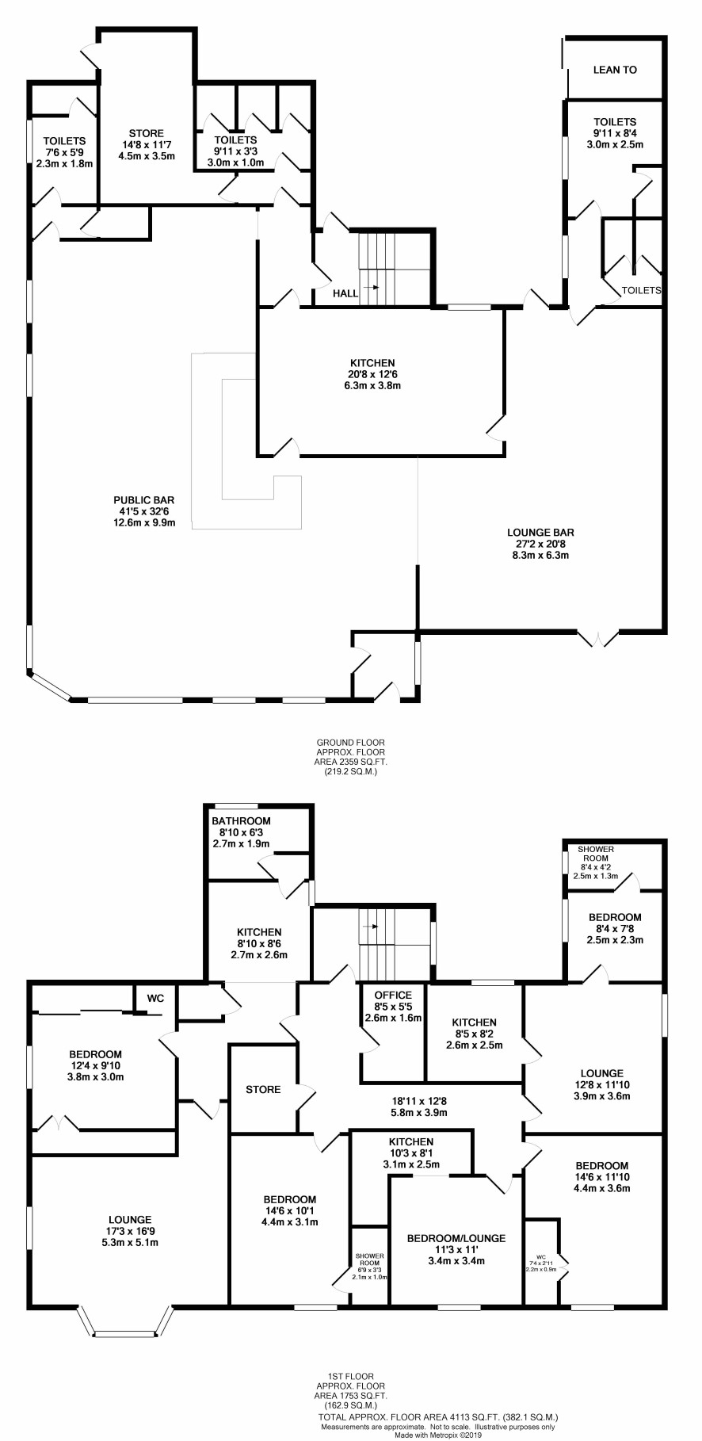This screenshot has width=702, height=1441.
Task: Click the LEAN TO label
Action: [x=615, y=70]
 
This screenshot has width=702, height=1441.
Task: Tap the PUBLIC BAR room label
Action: [x=143, y=500]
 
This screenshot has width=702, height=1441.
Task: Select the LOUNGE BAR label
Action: [x=541, y=533]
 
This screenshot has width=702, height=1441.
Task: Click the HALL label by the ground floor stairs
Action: [x=345, y=293]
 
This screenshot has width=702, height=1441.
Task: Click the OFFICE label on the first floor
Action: [x=393, y=996]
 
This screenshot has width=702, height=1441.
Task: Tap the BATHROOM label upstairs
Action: [x=241, y=821]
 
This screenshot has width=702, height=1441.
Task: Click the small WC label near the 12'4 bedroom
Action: [x=155, y=999]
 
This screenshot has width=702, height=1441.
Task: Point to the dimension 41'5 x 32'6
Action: [x=143, y=511]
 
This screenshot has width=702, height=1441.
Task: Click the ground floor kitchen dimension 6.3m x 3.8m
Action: [x=380, y=386]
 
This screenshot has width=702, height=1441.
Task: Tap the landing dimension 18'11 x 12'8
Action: [x=420, y=1101]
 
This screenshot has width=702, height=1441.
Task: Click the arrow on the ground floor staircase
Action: [x=370, y=290]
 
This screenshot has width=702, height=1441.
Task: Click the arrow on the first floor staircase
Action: [x=370, y=926]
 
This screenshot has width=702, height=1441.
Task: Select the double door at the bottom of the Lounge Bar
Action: [x=598, y=637]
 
